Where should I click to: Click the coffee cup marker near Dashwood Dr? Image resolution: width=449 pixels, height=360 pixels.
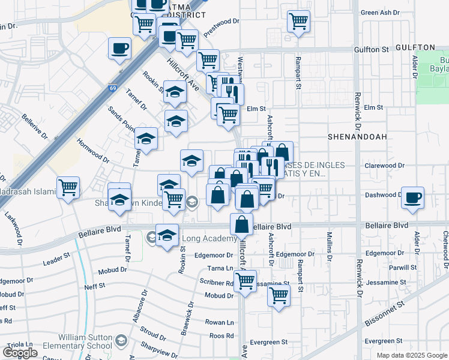tap(412, 198)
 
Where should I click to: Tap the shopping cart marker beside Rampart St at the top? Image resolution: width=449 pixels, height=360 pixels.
tap(298, 22)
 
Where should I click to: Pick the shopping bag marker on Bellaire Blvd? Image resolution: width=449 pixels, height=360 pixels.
tap(241, 226)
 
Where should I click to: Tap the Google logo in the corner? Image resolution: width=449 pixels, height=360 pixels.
tap(20, 352)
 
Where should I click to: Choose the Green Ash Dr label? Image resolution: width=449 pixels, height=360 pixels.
tap(379, 12)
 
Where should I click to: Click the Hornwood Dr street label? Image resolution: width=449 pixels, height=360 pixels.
tap(94, 152)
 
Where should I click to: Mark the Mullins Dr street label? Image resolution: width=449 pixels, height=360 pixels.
tap(329, 246)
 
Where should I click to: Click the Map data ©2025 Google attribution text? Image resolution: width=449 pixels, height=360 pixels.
tap(411, 355)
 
